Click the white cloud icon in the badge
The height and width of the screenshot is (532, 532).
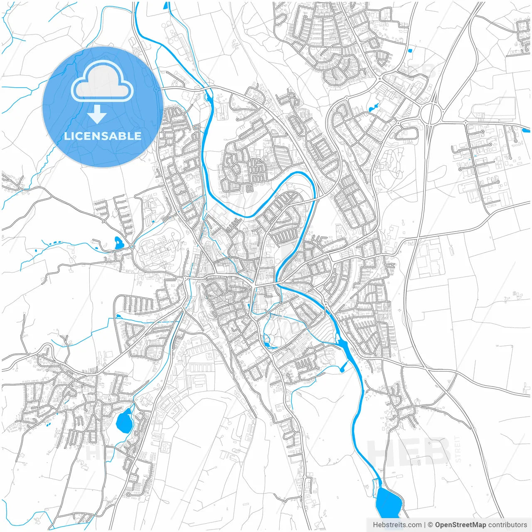tap(102, 81)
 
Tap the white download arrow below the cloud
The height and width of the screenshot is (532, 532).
tap(97, 114)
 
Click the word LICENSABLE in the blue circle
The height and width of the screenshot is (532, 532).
tap(103, 136)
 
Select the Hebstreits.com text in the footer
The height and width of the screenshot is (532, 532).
tap(397, 525)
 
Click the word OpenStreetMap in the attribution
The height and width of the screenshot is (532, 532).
tap(460, 525)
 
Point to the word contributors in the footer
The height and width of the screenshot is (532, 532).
tap(507, 525)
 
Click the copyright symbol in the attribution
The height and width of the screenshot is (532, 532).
tap(431, 525)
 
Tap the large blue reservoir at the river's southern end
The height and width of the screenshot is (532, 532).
tap(388, 502)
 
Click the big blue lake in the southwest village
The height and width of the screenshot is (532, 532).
tap(124, 421)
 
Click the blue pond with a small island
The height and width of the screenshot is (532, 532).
tap(118, 242)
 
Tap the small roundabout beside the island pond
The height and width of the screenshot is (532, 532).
tap(132, 247)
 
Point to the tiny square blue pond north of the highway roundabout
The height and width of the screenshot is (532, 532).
tap(410, 51)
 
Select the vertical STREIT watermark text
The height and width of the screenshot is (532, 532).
tap(458, 449)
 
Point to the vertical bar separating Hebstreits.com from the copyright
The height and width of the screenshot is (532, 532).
tap(425, 525)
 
